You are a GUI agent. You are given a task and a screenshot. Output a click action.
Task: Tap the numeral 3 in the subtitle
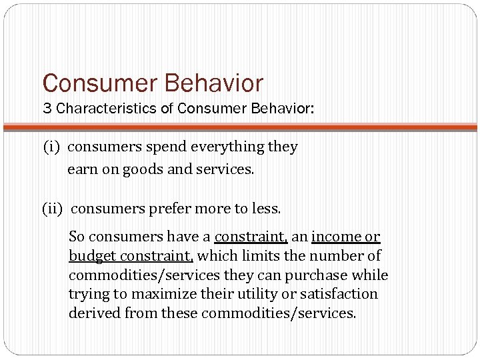47,109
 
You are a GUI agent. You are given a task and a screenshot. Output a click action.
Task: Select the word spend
163,147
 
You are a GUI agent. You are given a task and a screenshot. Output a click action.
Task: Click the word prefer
167,209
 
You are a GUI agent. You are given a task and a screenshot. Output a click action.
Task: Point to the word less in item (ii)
267,209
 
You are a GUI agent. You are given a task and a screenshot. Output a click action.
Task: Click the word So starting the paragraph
77,237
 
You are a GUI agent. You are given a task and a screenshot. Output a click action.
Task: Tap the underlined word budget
91,256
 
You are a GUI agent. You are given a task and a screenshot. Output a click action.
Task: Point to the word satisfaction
340,294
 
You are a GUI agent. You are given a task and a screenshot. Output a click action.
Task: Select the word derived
93,313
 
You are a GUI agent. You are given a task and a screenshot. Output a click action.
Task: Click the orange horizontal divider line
240,127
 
